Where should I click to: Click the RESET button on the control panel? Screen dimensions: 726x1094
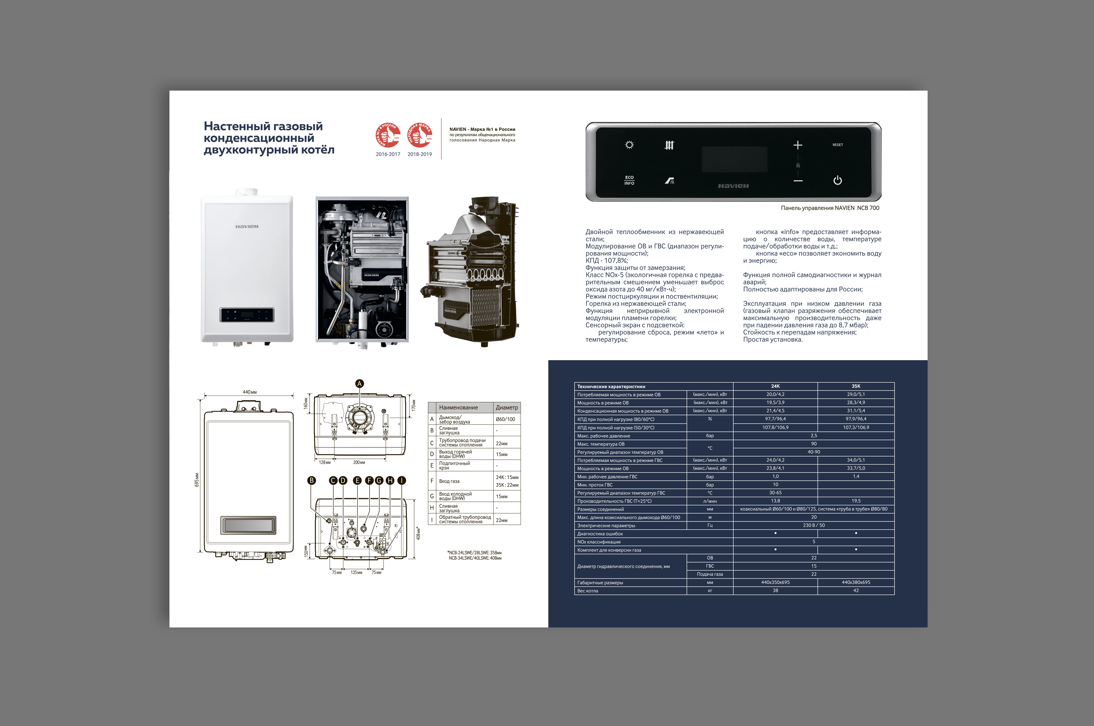click(837, 145)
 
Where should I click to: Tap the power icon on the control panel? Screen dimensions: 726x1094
click(837, 181)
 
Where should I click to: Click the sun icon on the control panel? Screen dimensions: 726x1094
click(629, 145)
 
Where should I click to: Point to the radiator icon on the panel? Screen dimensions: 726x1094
click(669, 145)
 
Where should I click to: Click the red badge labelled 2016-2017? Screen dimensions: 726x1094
click(388, 135)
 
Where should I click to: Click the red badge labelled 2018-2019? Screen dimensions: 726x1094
click(419, 135)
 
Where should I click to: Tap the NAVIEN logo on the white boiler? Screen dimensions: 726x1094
click(247, 226)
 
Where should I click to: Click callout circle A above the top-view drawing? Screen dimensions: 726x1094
click(360, 383)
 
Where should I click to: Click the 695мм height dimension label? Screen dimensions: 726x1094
click(197, 480)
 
